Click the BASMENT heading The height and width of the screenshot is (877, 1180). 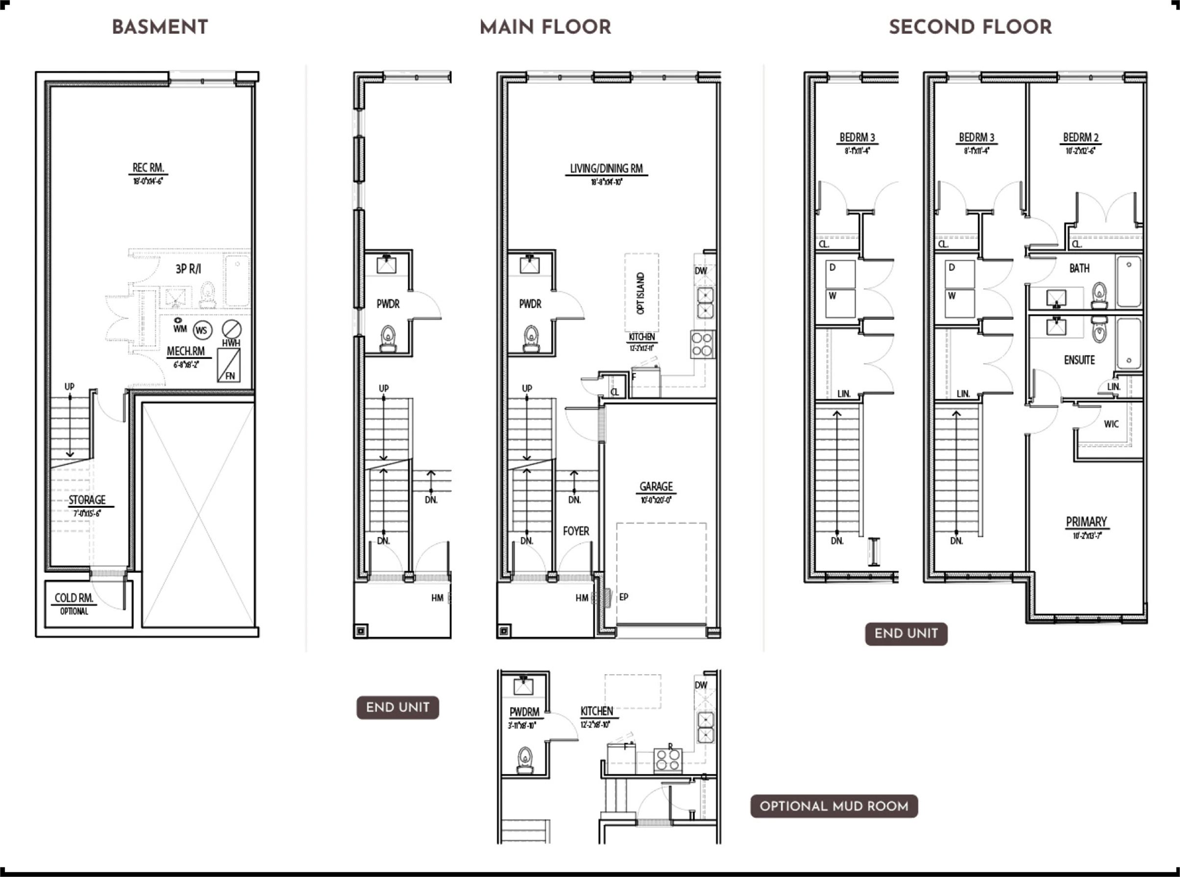tap(160, 27)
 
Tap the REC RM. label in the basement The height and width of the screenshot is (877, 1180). tap(148, 168)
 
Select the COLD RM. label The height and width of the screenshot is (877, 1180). tap(74, 598)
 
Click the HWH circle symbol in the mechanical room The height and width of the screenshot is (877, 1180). tap(231, 329)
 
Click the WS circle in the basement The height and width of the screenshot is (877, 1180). tap(202, 331)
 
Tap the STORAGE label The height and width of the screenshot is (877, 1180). tap(87, 500)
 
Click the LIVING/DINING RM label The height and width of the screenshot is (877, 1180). tap(606, 169)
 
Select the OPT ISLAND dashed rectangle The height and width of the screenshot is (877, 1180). tap(641, 292)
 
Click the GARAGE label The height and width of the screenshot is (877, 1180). tap(656, 487)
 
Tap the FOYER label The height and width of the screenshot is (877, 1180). tap(576, 532)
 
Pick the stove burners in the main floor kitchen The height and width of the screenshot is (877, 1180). tap(702, 344)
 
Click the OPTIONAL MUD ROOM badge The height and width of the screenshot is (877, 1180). tap(834, 806)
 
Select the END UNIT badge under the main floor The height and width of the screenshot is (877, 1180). tap(397, 707)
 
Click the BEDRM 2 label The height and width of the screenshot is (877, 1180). tap(1081, 138)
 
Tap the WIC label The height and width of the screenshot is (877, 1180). tap(1111, 424)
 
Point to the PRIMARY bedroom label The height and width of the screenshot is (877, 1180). tap(1086, 522)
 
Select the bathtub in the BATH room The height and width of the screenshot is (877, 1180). tap(1129, 281)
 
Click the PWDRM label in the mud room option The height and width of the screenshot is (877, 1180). tap(524, 712)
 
